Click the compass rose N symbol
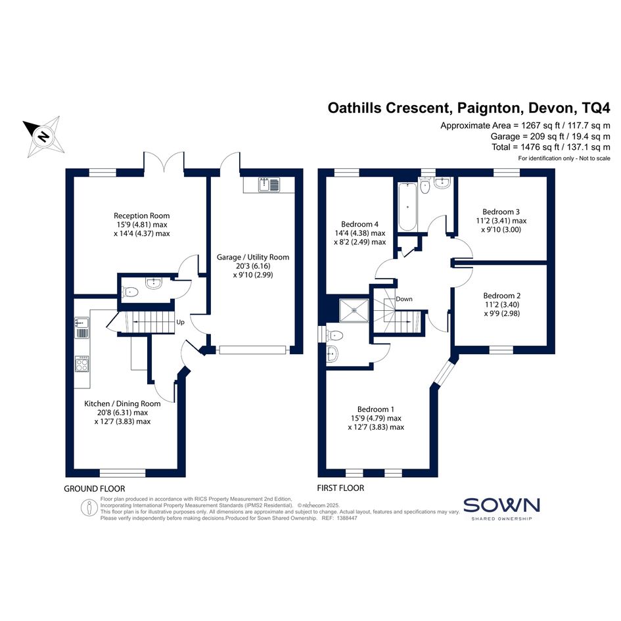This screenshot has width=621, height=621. click(43, 136)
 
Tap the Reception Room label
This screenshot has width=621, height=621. click(142, 216)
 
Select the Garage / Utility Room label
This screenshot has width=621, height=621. click(253, 257)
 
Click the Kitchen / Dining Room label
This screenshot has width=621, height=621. click(122, 403)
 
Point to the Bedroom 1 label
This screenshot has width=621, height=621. click(375, 409)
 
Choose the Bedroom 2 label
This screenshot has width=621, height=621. click(502, 296)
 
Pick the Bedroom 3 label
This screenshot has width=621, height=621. click(501, 212)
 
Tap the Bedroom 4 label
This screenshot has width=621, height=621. click(359, 224)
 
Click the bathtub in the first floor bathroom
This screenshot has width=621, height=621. click(407, 207)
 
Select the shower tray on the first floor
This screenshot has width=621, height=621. click(354, 311)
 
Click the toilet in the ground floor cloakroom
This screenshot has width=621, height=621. click(130, 292)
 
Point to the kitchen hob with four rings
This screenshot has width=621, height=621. click(82, 364)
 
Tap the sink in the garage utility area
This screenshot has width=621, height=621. click(269, 185)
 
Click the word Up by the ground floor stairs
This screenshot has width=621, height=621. click(180, 322)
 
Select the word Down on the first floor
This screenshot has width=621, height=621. click(404, 299)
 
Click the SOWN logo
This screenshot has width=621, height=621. click(501, 509)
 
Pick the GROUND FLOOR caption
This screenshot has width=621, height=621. click(94, 489)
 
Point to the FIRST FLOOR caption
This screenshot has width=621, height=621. click(340, 488)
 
